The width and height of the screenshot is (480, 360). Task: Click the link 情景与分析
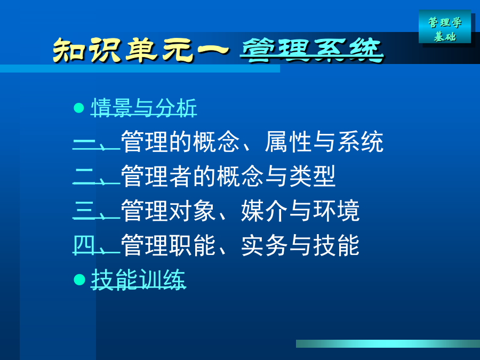[144, 108]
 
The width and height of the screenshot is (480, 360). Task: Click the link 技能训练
[138, 279]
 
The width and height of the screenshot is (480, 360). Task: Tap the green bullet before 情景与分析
[79, 108]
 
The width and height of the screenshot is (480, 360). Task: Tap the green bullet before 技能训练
[79, 279]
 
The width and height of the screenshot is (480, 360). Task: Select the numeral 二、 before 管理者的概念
[96, 177]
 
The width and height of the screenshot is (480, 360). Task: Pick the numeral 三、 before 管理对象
[96, 211]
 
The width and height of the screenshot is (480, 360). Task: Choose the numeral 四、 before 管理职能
[96, 245]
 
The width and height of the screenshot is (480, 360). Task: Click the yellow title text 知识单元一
[141, 50]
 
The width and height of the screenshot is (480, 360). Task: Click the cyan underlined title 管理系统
[311, 50]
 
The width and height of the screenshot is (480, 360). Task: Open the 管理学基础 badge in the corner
[445, 27]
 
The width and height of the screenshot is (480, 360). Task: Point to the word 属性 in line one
[289, 142]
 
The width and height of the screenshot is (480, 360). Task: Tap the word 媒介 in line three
[265, 211]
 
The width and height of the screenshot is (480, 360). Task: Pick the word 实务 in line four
[265, 245]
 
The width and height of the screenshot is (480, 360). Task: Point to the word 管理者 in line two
[157, 177]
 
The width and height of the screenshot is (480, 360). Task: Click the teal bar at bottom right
[388, 343]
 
